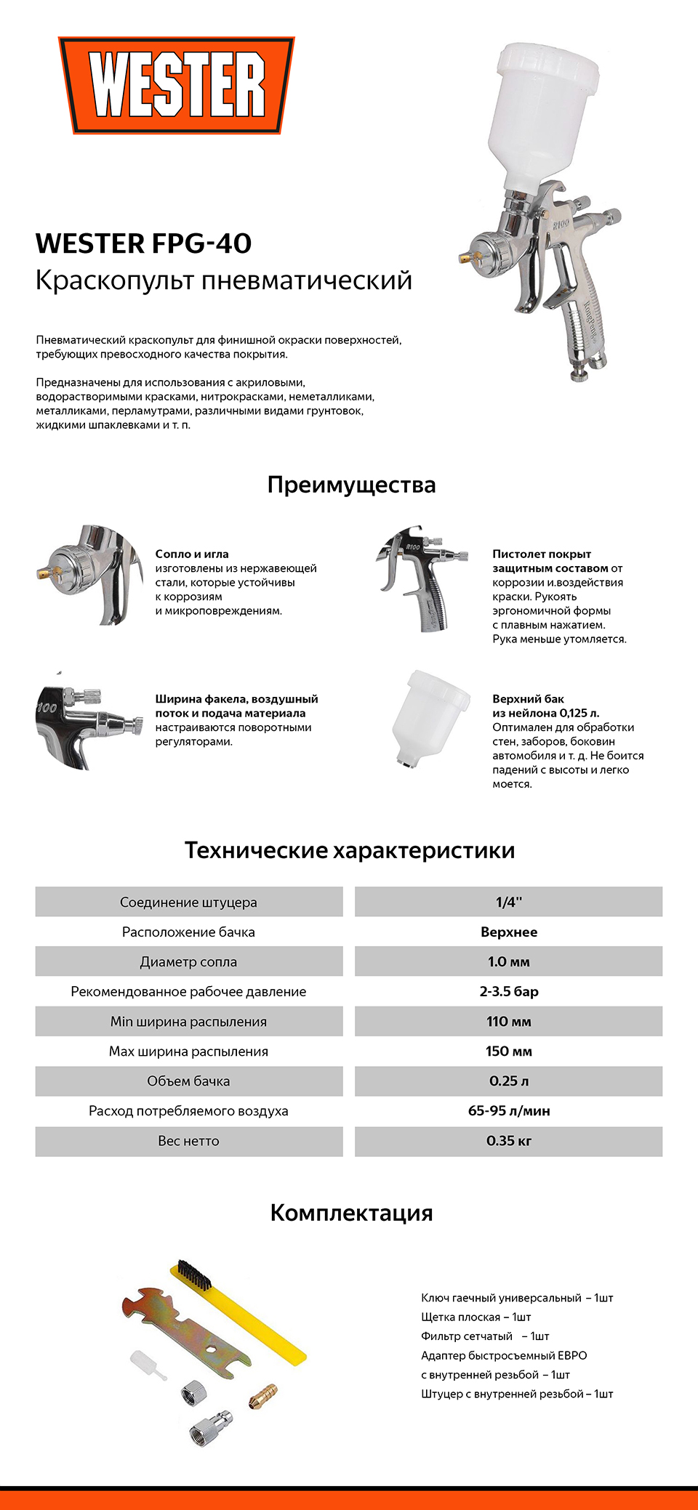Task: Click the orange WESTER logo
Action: [177, 86]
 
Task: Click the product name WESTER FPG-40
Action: [143, 243]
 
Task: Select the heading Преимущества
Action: [351, 485]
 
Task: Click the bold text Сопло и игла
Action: [192, 554]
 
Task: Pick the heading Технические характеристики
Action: [349, 850]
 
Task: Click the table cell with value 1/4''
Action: [508, 902]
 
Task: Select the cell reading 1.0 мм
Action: [508, 961]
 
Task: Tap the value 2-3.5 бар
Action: [508, 991]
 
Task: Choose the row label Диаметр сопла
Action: [188, 961]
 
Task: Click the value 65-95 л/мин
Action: [508, 1110]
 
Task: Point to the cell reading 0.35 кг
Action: [508, 1141]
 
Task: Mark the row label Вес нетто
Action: [188, 1141]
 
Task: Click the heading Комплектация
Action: [351, 1213]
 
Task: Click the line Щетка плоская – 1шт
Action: [476, 1317]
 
